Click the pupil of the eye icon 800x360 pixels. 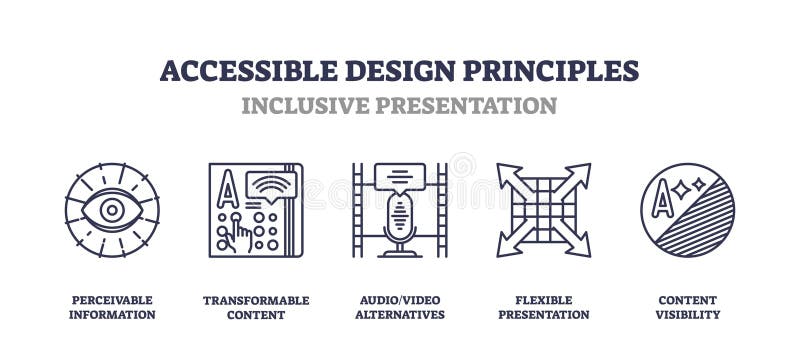pyautogui.click(x=111, y=210)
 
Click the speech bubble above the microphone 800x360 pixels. pyautogui.click(x=400, y=176)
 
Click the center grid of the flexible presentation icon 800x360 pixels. pyautogui.click(x=543, y=210)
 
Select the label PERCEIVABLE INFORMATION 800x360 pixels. pyautogui.click(x=111, y=307)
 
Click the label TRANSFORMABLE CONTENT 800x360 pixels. pyautogui.click(x=256, y=307)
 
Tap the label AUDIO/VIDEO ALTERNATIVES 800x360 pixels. pyautogui.click(x=400, y=307)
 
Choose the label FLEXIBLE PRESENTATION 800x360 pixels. pyautogui.click(x=544, y=307)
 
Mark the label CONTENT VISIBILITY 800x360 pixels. pyautogui.click(x=688, y=307)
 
